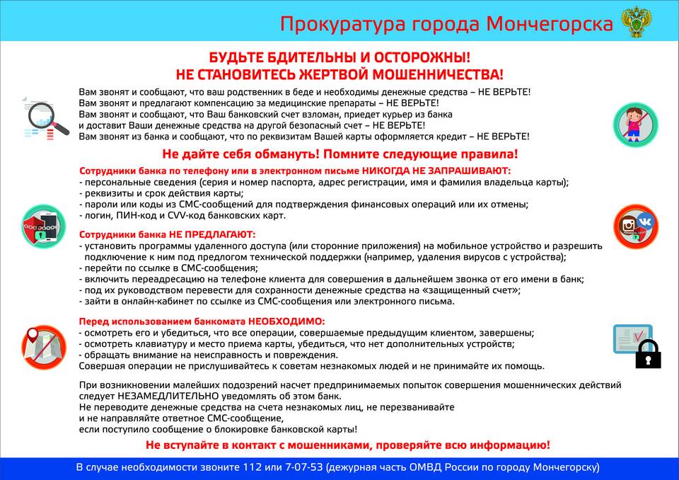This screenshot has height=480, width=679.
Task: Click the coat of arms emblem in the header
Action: pos(637,22)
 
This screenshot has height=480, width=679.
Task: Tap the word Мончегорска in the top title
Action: pos(550,24)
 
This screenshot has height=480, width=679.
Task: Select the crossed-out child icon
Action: pos(635,125)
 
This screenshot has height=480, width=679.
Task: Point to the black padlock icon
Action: pos(648,354)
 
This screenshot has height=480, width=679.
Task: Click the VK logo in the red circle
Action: pos(645,222)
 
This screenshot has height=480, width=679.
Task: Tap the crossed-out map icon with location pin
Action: pos(44,348)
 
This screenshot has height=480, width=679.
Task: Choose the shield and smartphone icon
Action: pos(43,227)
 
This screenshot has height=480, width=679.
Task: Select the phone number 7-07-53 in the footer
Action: pos(304,467)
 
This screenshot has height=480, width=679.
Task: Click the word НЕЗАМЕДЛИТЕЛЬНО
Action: pos(168,396)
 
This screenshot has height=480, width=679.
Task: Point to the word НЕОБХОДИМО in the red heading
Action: pos(286,321)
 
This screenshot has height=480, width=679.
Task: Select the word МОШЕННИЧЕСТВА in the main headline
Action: pos(438,74)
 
